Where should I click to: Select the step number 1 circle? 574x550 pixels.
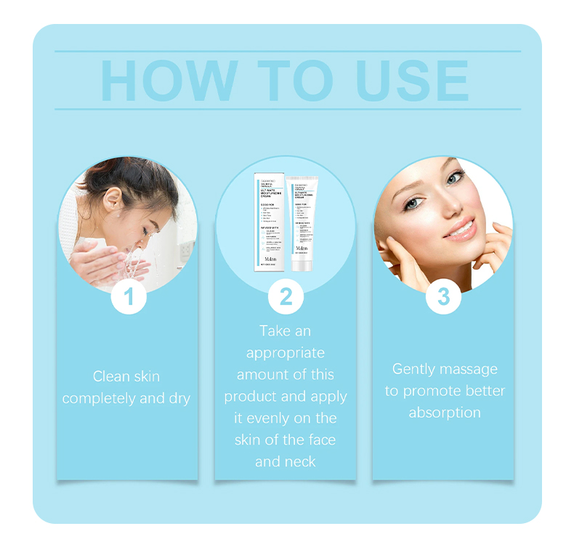(128, 296)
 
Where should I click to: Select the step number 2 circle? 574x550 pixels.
(286, 296)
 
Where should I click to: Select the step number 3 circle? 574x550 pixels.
(443, 296)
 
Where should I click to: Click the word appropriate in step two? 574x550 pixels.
(286, 353)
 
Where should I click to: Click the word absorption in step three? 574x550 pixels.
(444, 413)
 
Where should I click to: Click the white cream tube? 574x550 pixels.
(301, 218)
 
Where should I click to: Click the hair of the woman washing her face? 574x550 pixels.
(145, 182)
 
